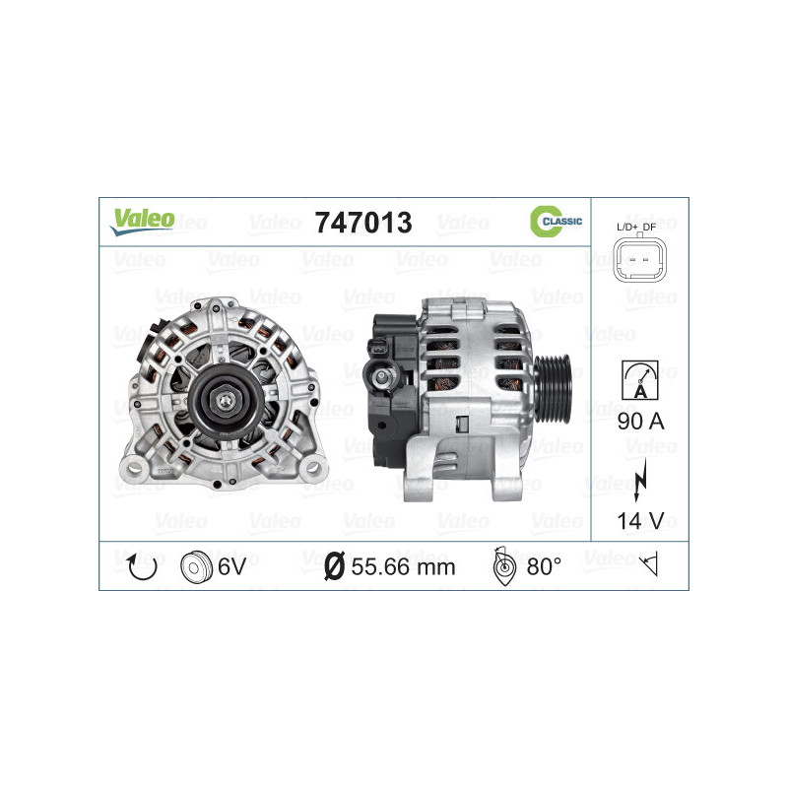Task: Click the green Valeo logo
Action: [x=142, y=222]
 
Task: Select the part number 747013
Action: [x=362, y=223]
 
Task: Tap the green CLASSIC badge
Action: [x=556, y=222]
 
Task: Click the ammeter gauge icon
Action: [x=639, y=377]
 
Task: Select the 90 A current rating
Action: [x=640, y=423]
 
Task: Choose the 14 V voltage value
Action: [x=640, y=521]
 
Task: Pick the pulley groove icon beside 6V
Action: [x=195, y=566]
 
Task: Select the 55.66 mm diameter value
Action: [x=402, y=566]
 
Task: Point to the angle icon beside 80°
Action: [x=502, y=565]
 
